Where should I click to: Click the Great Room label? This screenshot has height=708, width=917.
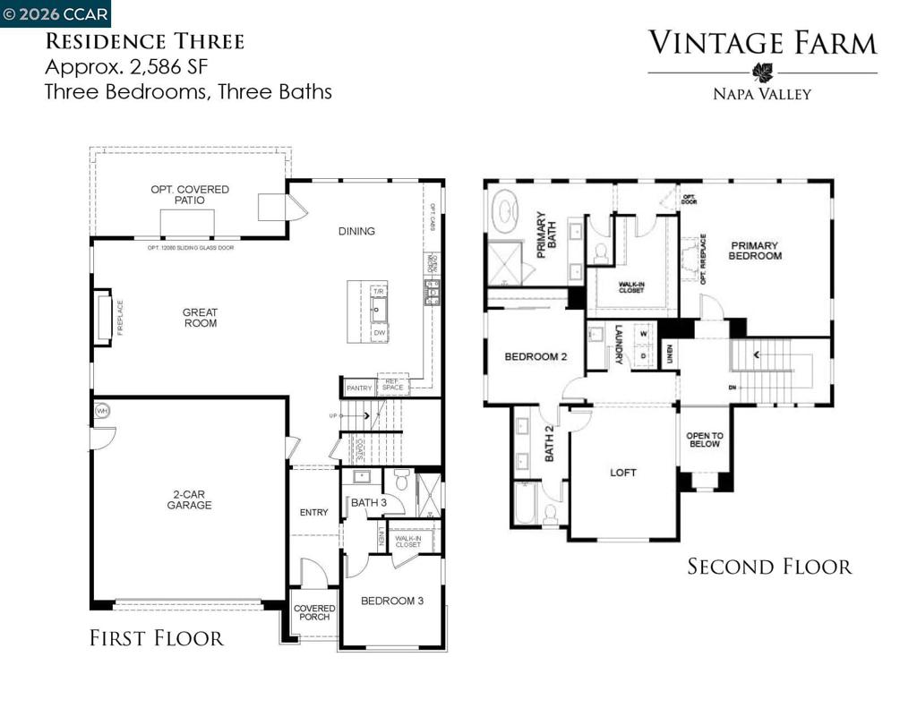click(200, 318)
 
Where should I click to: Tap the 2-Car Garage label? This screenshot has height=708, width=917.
click(189, 499)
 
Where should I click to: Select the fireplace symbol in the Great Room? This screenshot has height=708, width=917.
click(103, 317)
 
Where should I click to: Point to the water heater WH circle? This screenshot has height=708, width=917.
click(101, 411)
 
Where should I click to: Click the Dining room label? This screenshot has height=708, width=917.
click(356, 231)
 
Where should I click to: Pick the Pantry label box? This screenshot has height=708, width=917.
click(359, 388)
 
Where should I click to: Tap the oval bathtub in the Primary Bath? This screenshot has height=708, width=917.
click(507, 212)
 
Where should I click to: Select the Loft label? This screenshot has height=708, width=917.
click(623, 473)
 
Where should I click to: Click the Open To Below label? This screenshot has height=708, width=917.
click(705, 439)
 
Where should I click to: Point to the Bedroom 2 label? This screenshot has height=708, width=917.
click(536, 356)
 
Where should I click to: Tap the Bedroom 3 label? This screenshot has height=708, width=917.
click(392, 601)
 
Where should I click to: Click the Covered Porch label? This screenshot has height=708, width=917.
click(314, 612)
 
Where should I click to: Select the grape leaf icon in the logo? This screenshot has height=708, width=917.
click(762, 73)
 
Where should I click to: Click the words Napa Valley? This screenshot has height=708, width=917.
click(762, 93)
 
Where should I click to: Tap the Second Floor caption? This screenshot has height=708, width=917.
click(769, 567)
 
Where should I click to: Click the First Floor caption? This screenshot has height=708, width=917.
click(156, 638)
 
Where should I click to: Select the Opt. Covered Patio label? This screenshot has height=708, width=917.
click(190, 194)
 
